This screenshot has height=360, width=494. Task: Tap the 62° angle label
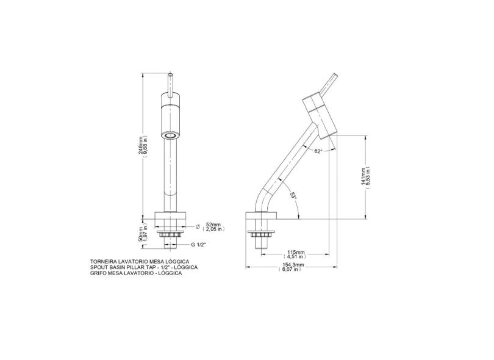click(x=318, y=151)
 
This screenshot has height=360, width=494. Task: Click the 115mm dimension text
click(x=296, y=252)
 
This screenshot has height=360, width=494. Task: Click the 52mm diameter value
click(x=213, y=225)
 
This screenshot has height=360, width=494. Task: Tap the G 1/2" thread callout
click(x=198, y=245)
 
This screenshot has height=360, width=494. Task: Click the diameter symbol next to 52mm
click(x=198, y=226)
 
